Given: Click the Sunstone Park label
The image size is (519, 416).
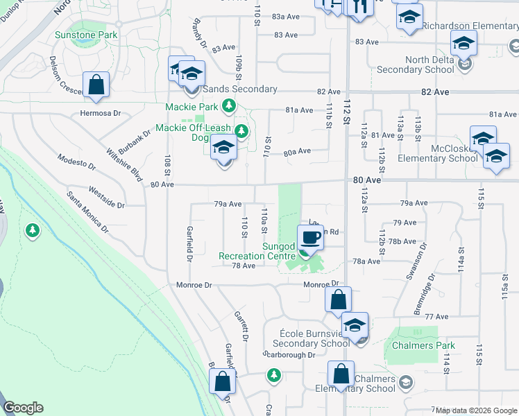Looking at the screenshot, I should coord(84,33).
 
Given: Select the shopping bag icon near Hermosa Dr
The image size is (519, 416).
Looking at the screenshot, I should coord(96,85).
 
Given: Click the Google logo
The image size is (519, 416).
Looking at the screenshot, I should coord(23,408).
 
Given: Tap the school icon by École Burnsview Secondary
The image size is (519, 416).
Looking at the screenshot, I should coord(355,325).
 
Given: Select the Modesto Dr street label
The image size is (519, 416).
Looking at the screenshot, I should coord(77,163).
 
